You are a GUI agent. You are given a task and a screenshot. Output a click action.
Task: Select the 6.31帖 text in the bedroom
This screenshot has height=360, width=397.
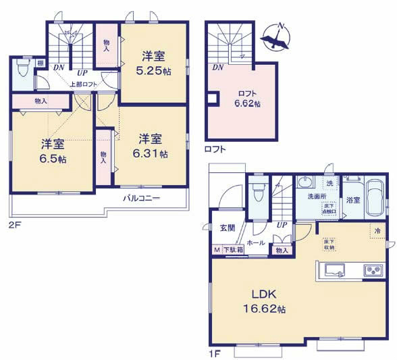153,153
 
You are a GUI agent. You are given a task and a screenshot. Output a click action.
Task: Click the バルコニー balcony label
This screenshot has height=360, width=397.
141,199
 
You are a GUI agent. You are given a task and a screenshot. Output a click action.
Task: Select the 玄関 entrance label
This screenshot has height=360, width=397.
227,228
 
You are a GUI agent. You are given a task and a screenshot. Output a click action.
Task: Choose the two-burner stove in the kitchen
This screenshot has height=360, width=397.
373,271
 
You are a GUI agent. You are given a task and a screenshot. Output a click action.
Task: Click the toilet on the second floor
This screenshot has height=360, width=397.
22,71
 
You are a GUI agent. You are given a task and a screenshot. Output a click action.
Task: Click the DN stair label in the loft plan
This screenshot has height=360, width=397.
218,67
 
